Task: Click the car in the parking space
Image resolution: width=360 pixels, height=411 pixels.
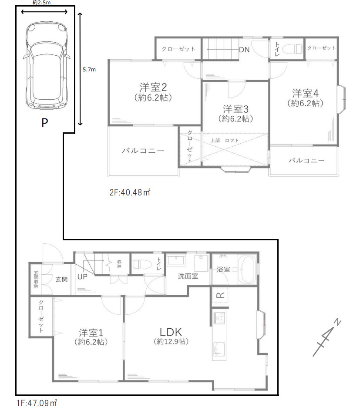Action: point(47,66)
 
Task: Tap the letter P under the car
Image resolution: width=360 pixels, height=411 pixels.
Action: point(45,123)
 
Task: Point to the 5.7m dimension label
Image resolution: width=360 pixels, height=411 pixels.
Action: point(89,70)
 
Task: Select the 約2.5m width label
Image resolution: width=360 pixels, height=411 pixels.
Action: point(42,3)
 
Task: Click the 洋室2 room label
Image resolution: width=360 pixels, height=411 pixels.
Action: point(153,87)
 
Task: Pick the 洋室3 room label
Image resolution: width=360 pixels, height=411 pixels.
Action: point(236,109)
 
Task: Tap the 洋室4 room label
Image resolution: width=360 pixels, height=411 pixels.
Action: point(306,93)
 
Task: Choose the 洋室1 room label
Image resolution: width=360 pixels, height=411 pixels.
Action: point(91,333)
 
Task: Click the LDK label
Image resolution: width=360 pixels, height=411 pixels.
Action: point(171,332)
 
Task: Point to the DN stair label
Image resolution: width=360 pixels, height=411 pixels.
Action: point(244,50)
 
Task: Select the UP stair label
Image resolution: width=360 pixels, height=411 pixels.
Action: point(82,277)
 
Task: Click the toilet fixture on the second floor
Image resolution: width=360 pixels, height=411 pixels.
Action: point(293,49)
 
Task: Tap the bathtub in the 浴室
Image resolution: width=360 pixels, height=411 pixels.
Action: point(246,270)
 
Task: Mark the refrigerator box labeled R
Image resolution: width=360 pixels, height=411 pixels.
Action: point(220,295)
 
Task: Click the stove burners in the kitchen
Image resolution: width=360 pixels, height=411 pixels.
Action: point(219,318)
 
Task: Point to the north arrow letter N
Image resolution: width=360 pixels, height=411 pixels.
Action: point(337,322)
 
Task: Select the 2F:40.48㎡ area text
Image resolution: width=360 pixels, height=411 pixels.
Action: point(130,192)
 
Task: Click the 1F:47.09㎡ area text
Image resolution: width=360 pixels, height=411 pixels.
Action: point(37,403)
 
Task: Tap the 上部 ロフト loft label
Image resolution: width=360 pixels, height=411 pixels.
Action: point(225,141)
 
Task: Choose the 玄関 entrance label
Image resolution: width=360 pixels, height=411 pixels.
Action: point(61,279)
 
